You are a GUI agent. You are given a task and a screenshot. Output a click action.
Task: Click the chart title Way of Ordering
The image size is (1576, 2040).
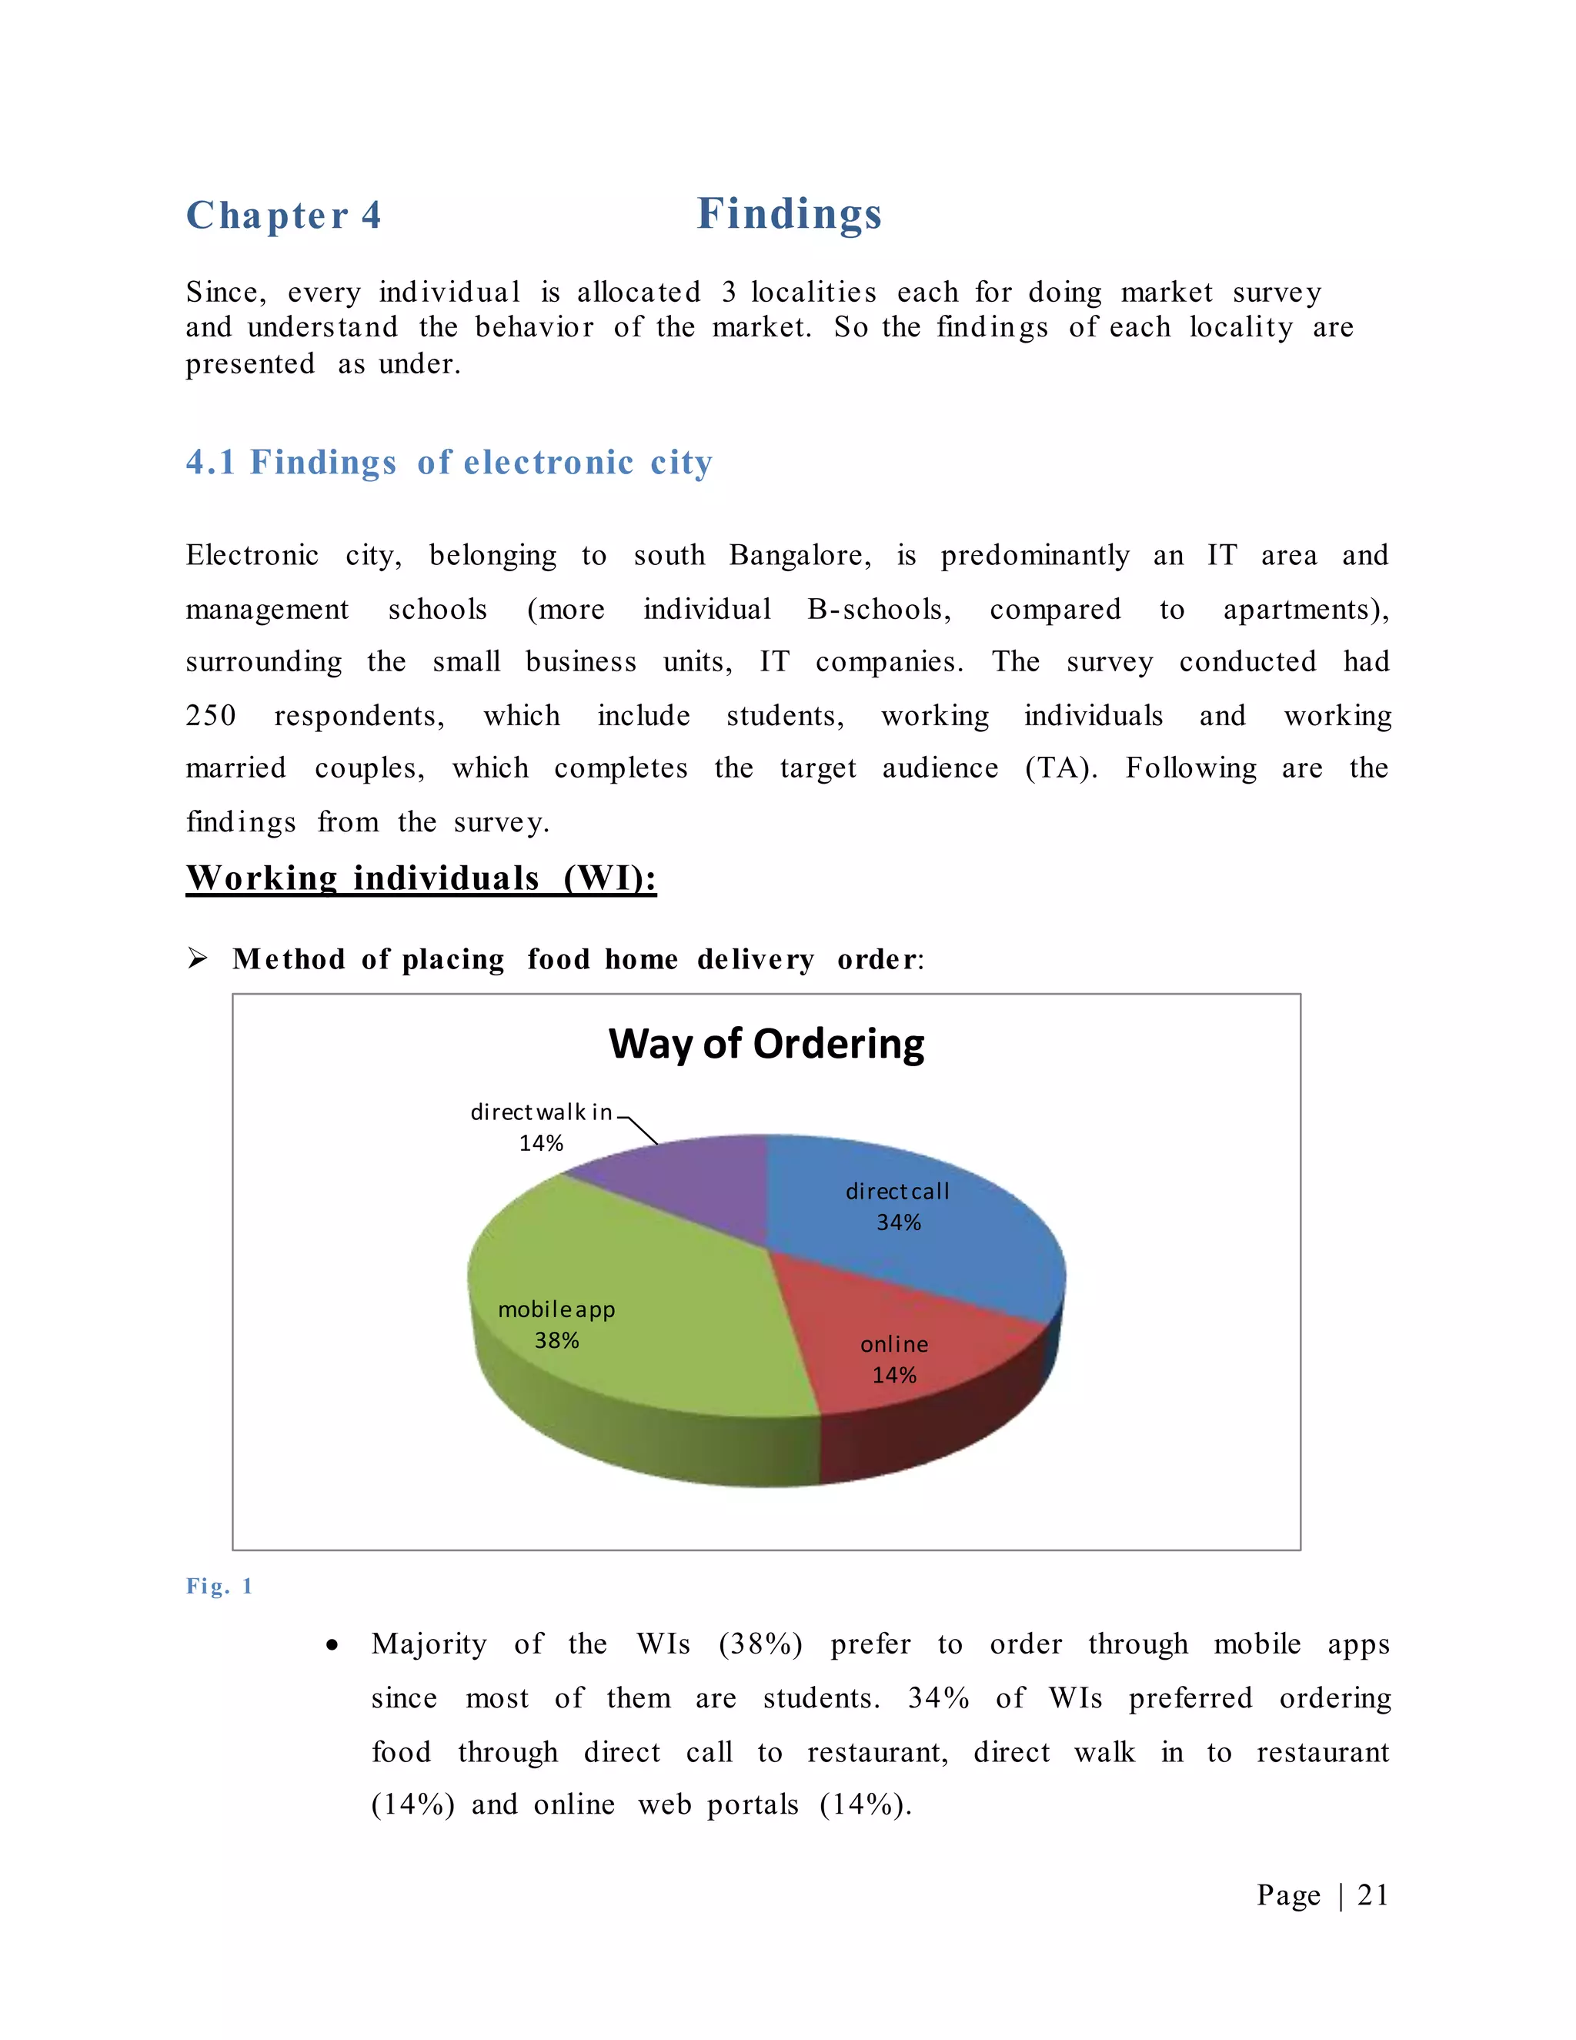pyautogui.click(x=766, y=1043)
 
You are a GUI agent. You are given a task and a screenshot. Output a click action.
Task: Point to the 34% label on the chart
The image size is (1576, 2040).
pyautogui.click(x=898, y=1222)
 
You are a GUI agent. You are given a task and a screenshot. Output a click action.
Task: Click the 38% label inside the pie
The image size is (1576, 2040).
pyautogui.click(x=556, y=1340)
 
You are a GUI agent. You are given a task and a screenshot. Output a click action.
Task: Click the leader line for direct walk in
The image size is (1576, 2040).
pyautogui.click(x=643, y=1129)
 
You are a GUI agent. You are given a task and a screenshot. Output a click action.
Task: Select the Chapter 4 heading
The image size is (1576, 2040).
pyautogui.click(x=283, y=216)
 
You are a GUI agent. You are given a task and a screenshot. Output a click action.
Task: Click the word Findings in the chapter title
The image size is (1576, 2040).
pyautogui.click(x=789, y=214)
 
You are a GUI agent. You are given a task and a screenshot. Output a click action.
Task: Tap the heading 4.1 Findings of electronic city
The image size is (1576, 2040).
pyautogui.click(x=449, y=463)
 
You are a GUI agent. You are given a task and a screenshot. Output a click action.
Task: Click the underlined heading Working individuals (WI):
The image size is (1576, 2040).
pyautogui.click(x=421, y=878)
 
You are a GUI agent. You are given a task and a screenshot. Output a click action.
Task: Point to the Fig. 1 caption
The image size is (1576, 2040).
pyautogui.click(x=219, y=1586)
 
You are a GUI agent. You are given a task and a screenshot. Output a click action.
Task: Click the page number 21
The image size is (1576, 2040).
pyautogui.click(x=1373, y=1895)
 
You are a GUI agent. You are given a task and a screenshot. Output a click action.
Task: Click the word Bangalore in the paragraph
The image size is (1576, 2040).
pyautogui.click(x=800, y=556)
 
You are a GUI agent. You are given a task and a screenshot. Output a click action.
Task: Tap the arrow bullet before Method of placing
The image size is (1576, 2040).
pyautogui.click(x=197, y=958)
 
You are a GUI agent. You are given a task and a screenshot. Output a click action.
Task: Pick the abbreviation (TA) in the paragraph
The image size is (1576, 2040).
pyautogui.click(x=1060, y=769)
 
